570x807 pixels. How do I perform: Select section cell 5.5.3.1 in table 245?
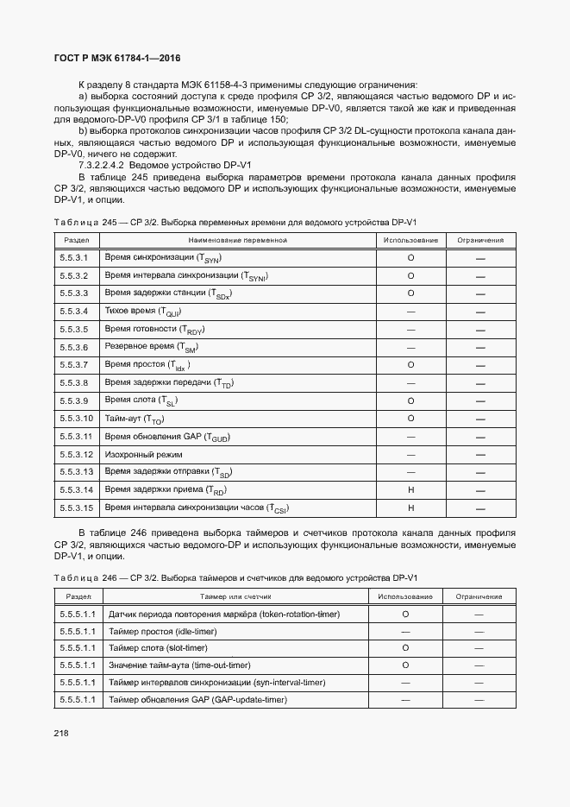pos(75,257)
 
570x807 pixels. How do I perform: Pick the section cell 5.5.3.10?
pos(77,418)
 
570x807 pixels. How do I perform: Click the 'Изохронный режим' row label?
pos(143,454)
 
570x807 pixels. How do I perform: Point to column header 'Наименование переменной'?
pos(237,240)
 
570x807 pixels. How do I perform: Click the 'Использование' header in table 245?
pos(410,240)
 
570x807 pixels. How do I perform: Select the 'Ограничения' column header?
pos(480,240)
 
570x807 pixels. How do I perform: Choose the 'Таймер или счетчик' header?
pos(235,596)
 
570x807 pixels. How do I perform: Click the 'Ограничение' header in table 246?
pos(479,596)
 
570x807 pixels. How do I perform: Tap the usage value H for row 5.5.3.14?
pos(410,489)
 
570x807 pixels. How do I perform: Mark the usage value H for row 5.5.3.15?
pos(410,508)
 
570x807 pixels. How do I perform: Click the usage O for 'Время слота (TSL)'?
pos(410,400)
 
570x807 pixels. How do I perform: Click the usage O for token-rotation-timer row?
pos(405,614)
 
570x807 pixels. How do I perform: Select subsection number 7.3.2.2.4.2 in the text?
pos(103,165)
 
